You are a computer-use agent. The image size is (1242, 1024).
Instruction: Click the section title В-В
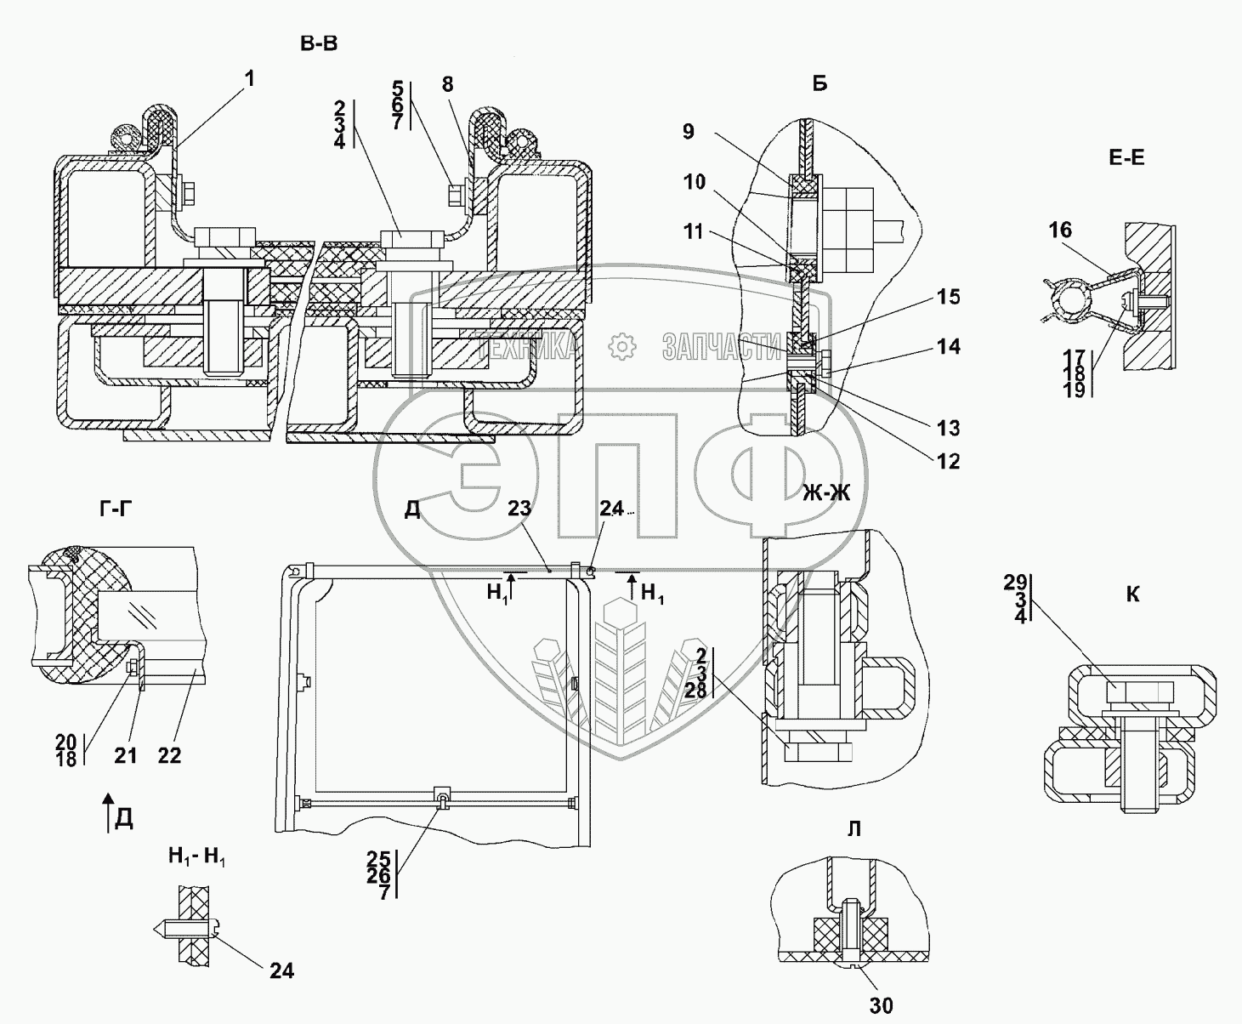coord(319,44)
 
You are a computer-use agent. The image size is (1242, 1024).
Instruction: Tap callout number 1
coord(250,78)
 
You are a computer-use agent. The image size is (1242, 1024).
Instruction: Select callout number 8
coord(447,84)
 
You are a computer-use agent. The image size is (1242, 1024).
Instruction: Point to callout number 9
coord(689,132)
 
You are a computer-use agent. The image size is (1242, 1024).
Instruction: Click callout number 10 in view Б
coord(695,181)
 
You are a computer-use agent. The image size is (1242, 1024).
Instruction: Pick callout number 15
coord(948,297)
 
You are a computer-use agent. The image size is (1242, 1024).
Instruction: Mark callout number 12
coord(948,461)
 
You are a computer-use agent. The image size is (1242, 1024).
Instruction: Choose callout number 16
coord(1060,230)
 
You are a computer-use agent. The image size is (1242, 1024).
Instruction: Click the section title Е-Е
coord(1126,157)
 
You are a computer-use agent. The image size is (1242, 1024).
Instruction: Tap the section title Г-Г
coord(116,509)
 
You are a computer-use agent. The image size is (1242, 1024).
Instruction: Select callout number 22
coord(169,755)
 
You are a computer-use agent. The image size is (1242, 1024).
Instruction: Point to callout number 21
coord(126,755)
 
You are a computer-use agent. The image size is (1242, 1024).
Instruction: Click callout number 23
coord(519,508)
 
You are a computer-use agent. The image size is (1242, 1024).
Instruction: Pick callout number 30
coord(881,1005)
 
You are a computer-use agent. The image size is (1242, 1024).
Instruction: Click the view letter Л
coord(854,829)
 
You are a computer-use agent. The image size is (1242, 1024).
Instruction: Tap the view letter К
coord(1132,594)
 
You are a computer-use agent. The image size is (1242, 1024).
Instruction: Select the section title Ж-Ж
coord(826,492)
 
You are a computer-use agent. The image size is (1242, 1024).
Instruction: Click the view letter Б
coord(819,84)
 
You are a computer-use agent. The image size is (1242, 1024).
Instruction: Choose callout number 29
coord(1015,583)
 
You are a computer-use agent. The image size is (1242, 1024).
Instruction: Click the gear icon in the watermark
coord(622,347)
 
